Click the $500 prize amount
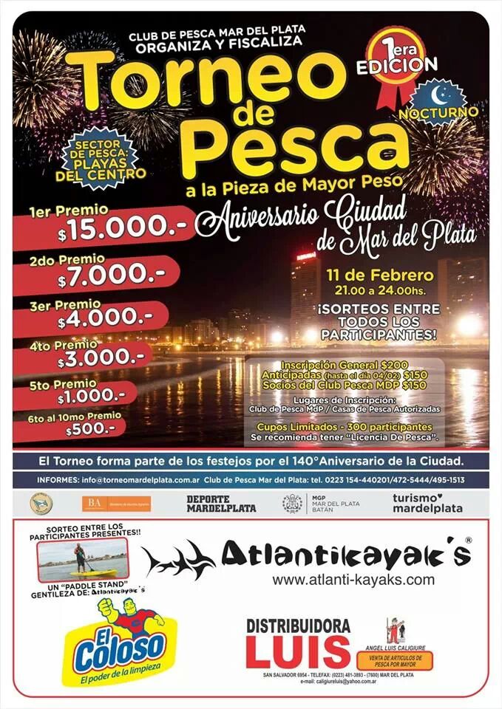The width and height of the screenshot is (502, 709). coord(90,429)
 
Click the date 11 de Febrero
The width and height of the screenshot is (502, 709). coord(379,276)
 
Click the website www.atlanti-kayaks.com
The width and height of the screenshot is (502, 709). coord(353,580)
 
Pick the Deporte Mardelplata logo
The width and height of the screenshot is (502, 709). coord(220,504)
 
